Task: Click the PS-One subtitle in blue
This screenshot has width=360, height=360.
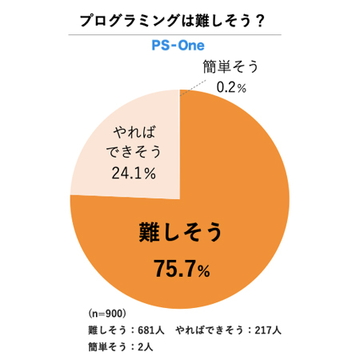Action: tap(179, 46)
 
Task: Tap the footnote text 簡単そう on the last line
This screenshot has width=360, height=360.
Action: tap(107, 346)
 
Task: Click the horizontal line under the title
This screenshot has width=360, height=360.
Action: tap(179, 34)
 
